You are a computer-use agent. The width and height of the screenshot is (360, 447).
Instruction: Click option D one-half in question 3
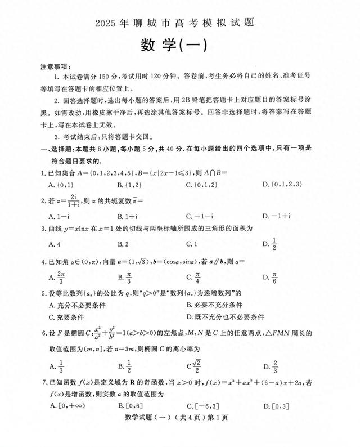pos(272,244)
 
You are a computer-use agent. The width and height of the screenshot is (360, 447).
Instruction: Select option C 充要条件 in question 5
pos(68,316)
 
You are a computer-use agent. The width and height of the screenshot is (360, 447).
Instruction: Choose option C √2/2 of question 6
pos(195,366)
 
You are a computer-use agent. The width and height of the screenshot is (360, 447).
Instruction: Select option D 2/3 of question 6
pos(272,366)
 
